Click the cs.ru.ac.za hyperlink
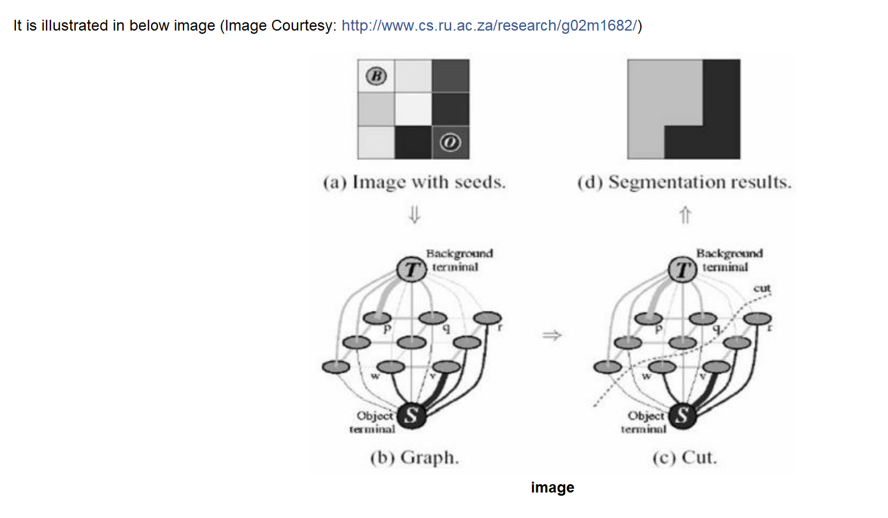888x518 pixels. pos(489,26)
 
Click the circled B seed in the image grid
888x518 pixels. pos(376,76)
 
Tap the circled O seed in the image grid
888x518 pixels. pos(450,143)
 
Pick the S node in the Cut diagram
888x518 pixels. pos(682,417)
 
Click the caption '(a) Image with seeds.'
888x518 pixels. pos(414,183)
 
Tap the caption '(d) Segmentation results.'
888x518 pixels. pos(684,183)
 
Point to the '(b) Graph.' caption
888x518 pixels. pos(414,458)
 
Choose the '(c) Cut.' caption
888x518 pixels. pos(684,458)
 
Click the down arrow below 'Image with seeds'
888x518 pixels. pos(414,217)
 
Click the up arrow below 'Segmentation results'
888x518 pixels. pos(685,217)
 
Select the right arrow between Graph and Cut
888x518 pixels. pos(552,335)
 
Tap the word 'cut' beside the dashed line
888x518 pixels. pos(762,288)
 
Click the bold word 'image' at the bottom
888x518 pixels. pos(552,487)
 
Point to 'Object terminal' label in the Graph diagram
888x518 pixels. pos(374,422)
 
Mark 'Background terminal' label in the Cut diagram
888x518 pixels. pos(728,260)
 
